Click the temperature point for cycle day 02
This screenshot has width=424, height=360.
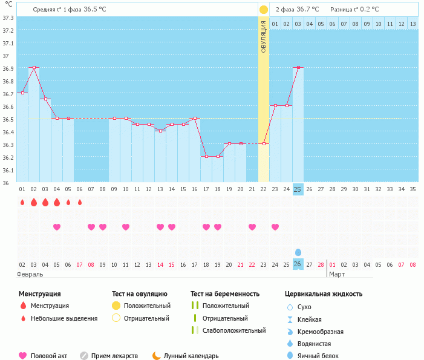34,67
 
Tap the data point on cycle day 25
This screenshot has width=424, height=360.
297,67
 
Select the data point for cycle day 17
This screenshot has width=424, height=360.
206,156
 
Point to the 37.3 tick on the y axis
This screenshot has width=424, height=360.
8,18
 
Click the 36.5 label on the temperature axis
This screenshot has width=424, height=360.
8,119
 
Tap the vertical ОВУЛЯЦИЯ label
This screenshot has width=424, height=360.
264,36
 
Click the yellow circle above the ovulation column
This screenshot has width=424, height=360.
264,10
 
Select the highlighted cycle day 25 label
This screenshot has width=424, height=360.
297,189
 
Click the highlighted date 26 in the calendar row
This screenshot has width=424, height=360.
297,264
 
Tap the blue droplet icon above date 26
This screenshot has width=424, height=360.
298,252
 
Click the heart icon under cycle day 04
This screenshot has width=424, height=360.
57,227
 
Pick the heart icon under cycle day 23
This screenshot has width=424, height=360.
275,227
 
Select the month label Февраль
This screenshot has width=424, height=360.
30,274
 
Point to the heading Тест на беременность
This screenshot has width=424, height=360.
224,293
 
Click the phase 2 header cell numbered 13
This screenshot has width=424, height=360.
413,24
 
